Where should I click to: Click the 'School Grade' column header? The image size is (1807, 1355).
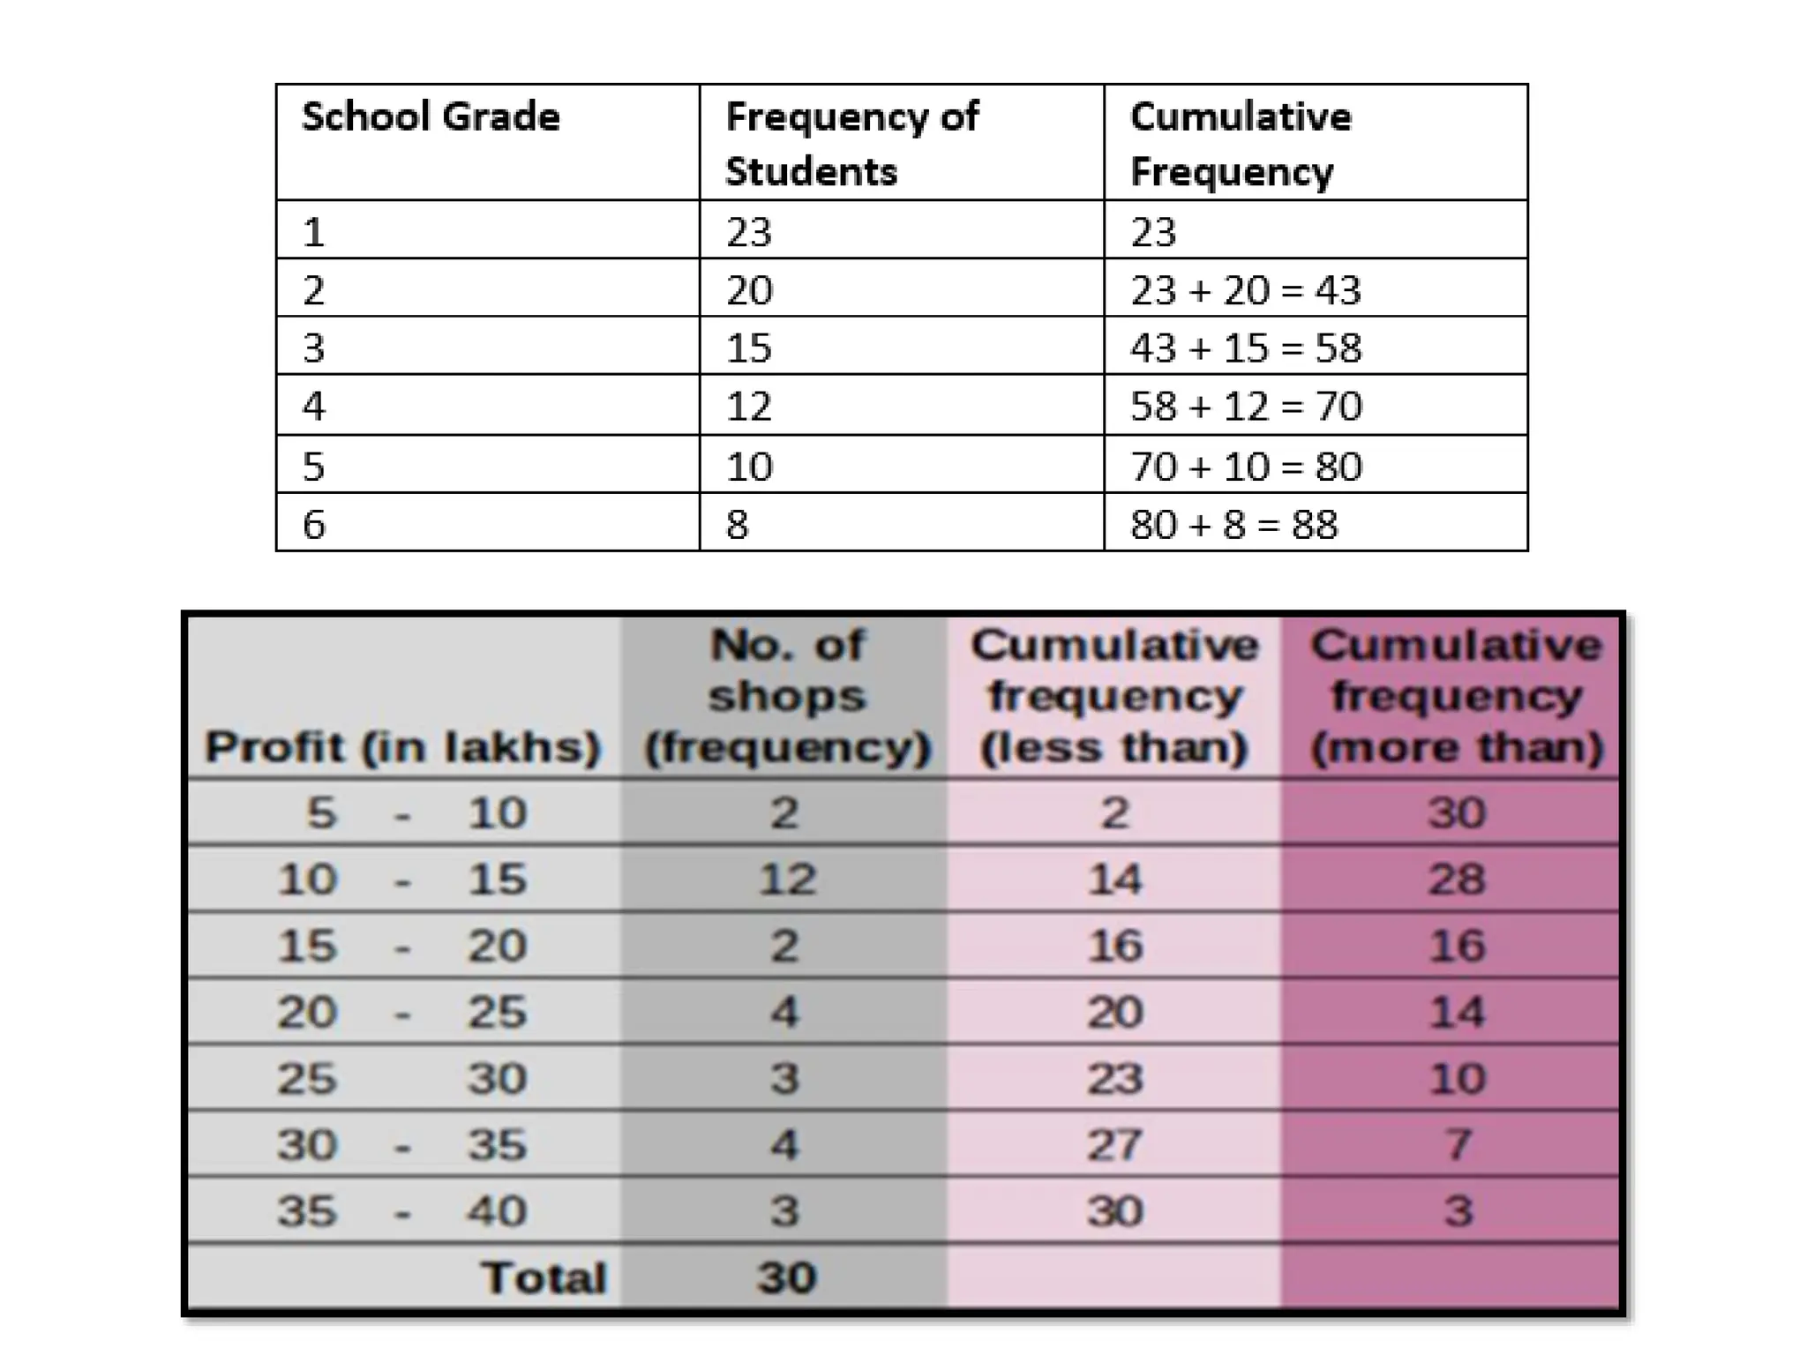tap(431, 117)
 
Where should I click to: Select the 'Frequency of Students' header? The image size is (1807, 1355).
tap(851, 144)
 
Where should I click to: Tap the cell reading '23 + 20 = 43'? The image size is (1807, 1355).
tap(1245, 290)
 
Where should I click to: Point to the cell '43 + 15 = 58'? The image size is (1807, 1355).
tap(1245, 348)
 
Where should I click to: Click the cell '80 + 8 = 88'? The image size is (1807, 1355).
tap(1233, 525)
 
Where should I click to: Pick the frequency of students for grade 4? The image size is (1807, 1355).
tap(748, 407)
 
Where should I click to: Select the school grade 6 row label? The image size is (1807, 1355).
tap(314, 525)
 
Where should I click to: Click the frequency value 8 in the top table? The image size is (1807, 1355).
tap(737, 525)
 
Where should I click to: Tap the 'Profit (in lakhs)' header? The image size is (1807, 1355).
tap(402, 747)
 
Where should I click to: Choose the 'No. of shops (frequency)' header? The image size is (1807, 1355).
tap(786, 696)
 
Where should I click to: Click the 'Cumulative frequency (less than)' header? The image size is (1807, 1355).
tap(1114, 696)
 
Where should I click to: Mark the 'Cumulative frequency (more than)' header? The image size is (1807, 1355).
tap(1456, 696)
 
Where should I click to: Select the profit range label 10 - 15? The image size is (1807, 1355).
tap(402, 880)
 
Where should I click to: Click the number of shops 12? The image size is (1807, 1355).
tap(786, 880)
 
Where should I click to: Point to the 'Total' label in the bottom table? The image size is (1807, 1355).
tap(544, 1277)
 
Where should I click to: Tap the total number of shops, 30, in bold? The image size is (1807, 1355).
tap(786, 1277)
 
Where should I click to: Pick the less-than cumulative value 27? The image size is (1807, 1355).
tap(1114, 1145)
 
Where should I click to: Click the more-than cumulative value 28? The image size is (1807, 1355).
tap(1457, 880)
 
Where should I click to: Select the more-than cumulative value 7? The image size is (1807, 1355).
tap(1457, 1145)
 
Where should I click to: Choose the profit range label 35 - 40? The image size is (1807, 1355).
tap(402, 1211)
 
